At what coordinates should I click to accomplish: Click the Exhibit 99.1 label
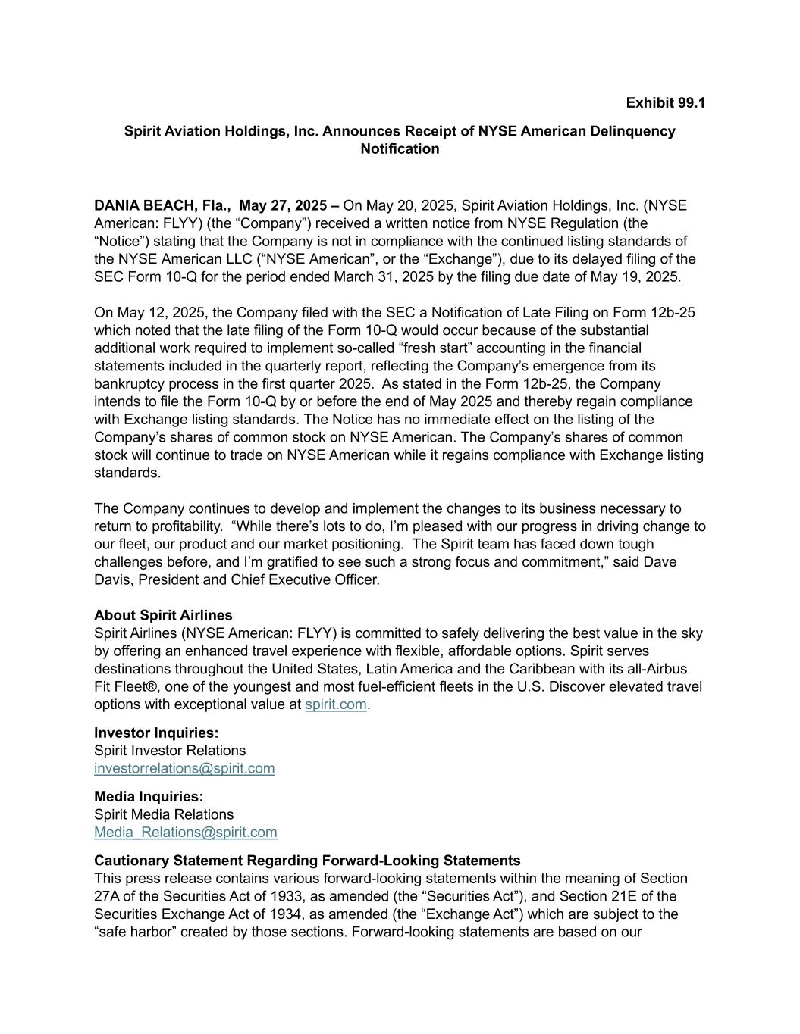point(665,102)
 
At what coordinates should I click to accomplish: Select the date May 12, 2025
point(158,312)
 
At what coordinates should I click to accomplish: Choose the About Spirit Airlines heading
point(163,615)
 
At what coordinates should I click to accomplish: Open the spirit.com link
point(335,704)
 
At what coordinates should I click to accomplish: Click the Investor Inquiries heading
point(156,733)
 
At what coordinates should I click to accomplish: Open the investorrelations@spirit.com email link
point(184,768)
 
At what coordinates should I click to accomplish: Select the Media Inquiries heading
point(149,796)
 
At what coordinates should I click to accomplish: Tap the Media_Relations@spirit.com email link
point(185,832)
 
